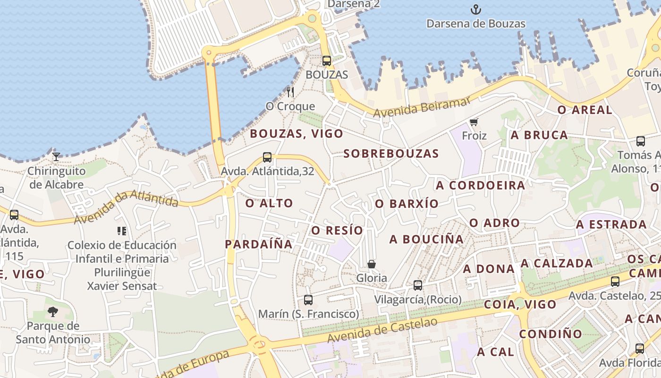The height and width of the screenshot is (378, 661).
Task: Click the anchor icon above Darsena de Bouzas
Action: click(x=476, y=9)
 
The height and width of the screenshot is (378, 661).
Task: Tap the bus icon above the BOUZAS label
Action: click(x=326, y=60)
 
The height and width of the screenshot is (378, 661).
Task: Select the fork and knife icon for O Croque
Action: click(x=290, y=92)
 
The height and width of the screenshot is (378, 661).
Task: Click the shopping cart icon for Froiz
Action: click(x=474, y=122)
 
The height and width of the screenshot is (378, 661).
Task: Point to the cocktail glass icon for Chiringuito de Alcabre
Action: click(x=56, y=156)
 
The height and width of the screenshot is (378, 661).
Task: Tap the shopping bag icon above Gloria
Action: click(x=372, y=264)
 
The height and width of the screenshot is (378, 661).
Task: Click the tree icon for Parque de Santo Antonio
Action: click(x=52, y=311)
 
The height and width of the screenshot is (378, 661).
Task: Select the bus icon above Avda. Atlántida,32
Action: click(x=267, y=157)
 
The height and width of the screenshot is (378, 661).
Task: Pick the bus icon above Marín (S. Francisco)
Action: click(x=308, y=300)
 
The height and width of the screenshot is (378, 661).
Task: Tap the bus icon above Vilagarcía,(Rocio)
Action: click(x=417, y=285)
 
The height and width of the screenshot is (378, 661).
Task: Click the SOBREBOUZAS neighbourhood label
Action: click(x=391, y=154)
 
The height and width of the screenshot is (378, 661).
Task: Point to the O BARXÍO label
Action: click(x=407, y=204)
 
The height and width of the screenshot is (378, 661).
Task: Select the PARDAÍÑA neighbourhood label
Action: click(x=259, y=244)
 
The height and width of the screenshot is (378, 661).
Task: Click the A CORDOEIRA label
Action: click(x=481, y=185)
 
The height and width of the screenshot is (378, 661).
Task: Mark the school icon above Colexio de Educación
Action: click(x=122, y=231)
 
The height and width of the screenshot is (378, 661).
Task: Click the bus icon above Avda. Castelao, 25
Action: click(x=615, y=282)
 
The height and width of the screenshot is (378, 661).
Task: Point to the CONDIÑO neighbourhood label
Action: click(x=551, y=334)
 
